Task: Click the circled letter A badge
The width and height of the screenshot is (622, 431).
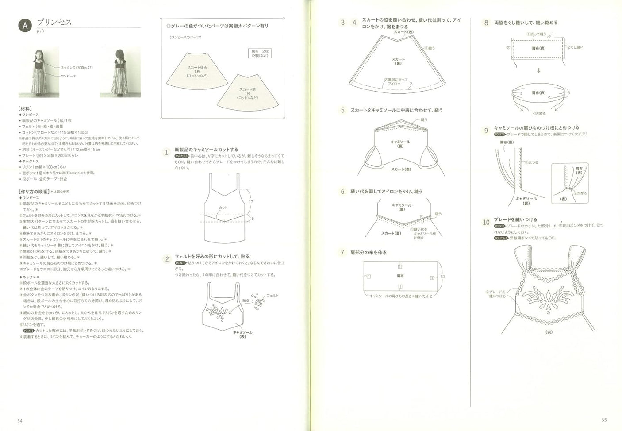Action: pyautogui.click(x=25, y=26)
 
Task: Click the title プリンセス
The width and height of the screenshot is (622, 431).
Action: pyautogui.click(x=54, y=22)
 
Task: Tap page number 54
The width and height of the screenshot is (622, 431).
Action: pyautogui.click(x=20, y=420)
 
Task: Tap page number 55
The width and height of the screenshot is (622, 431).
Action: pyautogui.click(x=604, y=420)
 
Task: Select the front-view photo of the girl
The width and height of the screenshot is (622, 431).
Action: pyautogui.click(x=39, y=73)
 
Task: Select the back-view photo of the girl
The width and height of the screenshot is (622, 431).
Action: pyautogui.click(x=120, y=73)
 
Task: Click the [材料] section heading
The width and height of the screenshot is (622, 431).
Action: pyautogui.click(x=25, y=108)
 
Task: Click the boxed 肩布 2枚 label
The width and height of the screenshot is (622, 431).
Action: pyautogui.click(x=260, y=54)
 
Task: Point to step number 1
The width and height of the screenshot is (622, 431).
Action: pyautogui.click(x=167, y=152)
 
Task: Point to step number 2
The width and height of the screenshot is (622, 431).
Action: pyautogui.click(x=167, y=259)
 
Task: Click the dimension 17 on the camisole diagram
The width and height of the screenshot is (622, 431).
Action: pyautogui.click(x=251, y=202)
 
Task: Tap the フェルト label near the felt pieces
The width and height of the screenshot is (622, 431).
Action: pyautogui.click(x=273, y=296)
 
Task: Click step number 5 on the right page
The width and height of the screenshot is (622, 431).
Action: pyautogui.click(x=342, y=110)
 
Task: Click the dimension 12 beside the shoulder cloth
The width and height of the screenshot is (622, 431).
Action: pyautogui.click(x=442, y=277)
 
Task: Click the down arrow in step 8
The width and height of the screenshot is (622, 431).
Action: pyautogui.click(x=538, y=70)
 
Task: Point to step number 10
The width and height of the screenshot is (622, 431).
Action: pyautogui.click(x=486, y=222)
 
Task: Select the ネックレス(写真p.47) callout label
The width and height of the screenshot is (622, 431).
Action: pyautogui.click(x=77, y=68)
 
